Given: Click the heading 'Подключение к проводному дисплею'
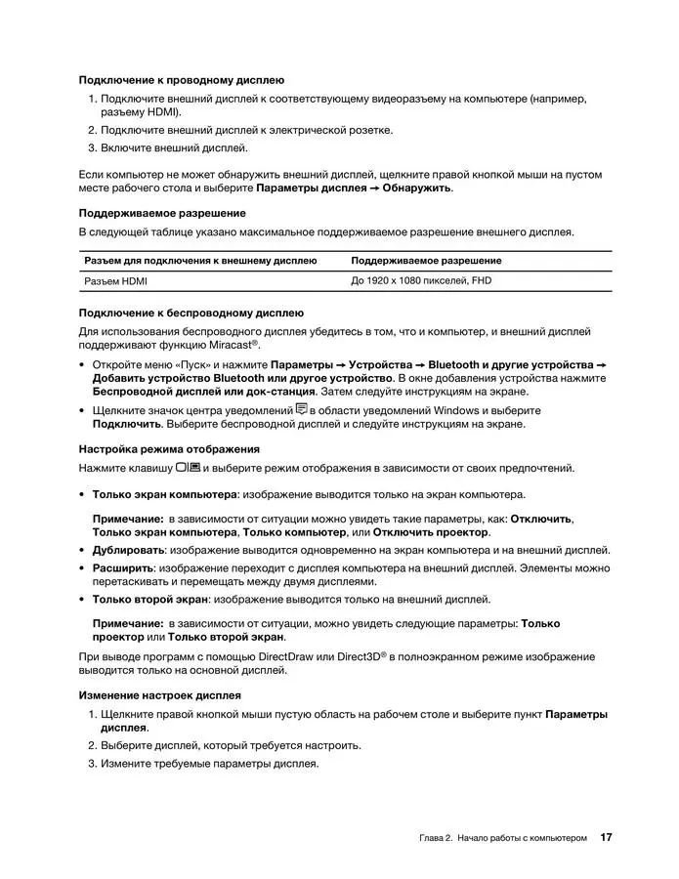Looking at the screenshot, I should (x=181, y=79).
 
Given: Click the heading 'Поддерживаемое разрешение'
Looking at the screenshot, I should (x=161, y=212).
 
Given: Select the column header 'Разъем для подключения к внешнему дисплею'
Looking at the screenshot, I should (x=200, y=261).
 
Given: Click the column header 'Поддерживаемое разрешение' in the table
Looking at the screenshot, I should (x=426, y=261).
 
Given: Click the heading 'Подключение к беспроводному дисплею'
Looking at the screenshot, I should (x=191, y=313).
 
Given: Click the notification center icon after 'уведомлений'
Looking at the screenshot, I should (x=302, y=409).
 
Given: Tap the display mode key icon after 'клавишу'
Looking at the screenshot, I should (x=189, y=467).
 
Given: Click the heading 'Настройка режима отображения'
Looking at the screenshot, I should (x=168, y=448).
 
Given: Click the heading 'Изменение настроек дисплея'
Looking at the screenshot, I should (x=159, y=695).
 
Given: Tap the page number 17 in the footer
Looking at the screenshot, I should (x=606, y=838).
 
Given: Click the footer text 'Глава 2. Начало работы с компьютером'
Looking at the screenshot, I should (x=503, y=839).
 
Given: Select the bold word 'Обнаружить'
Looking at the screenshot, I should (x=417, y=188).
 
